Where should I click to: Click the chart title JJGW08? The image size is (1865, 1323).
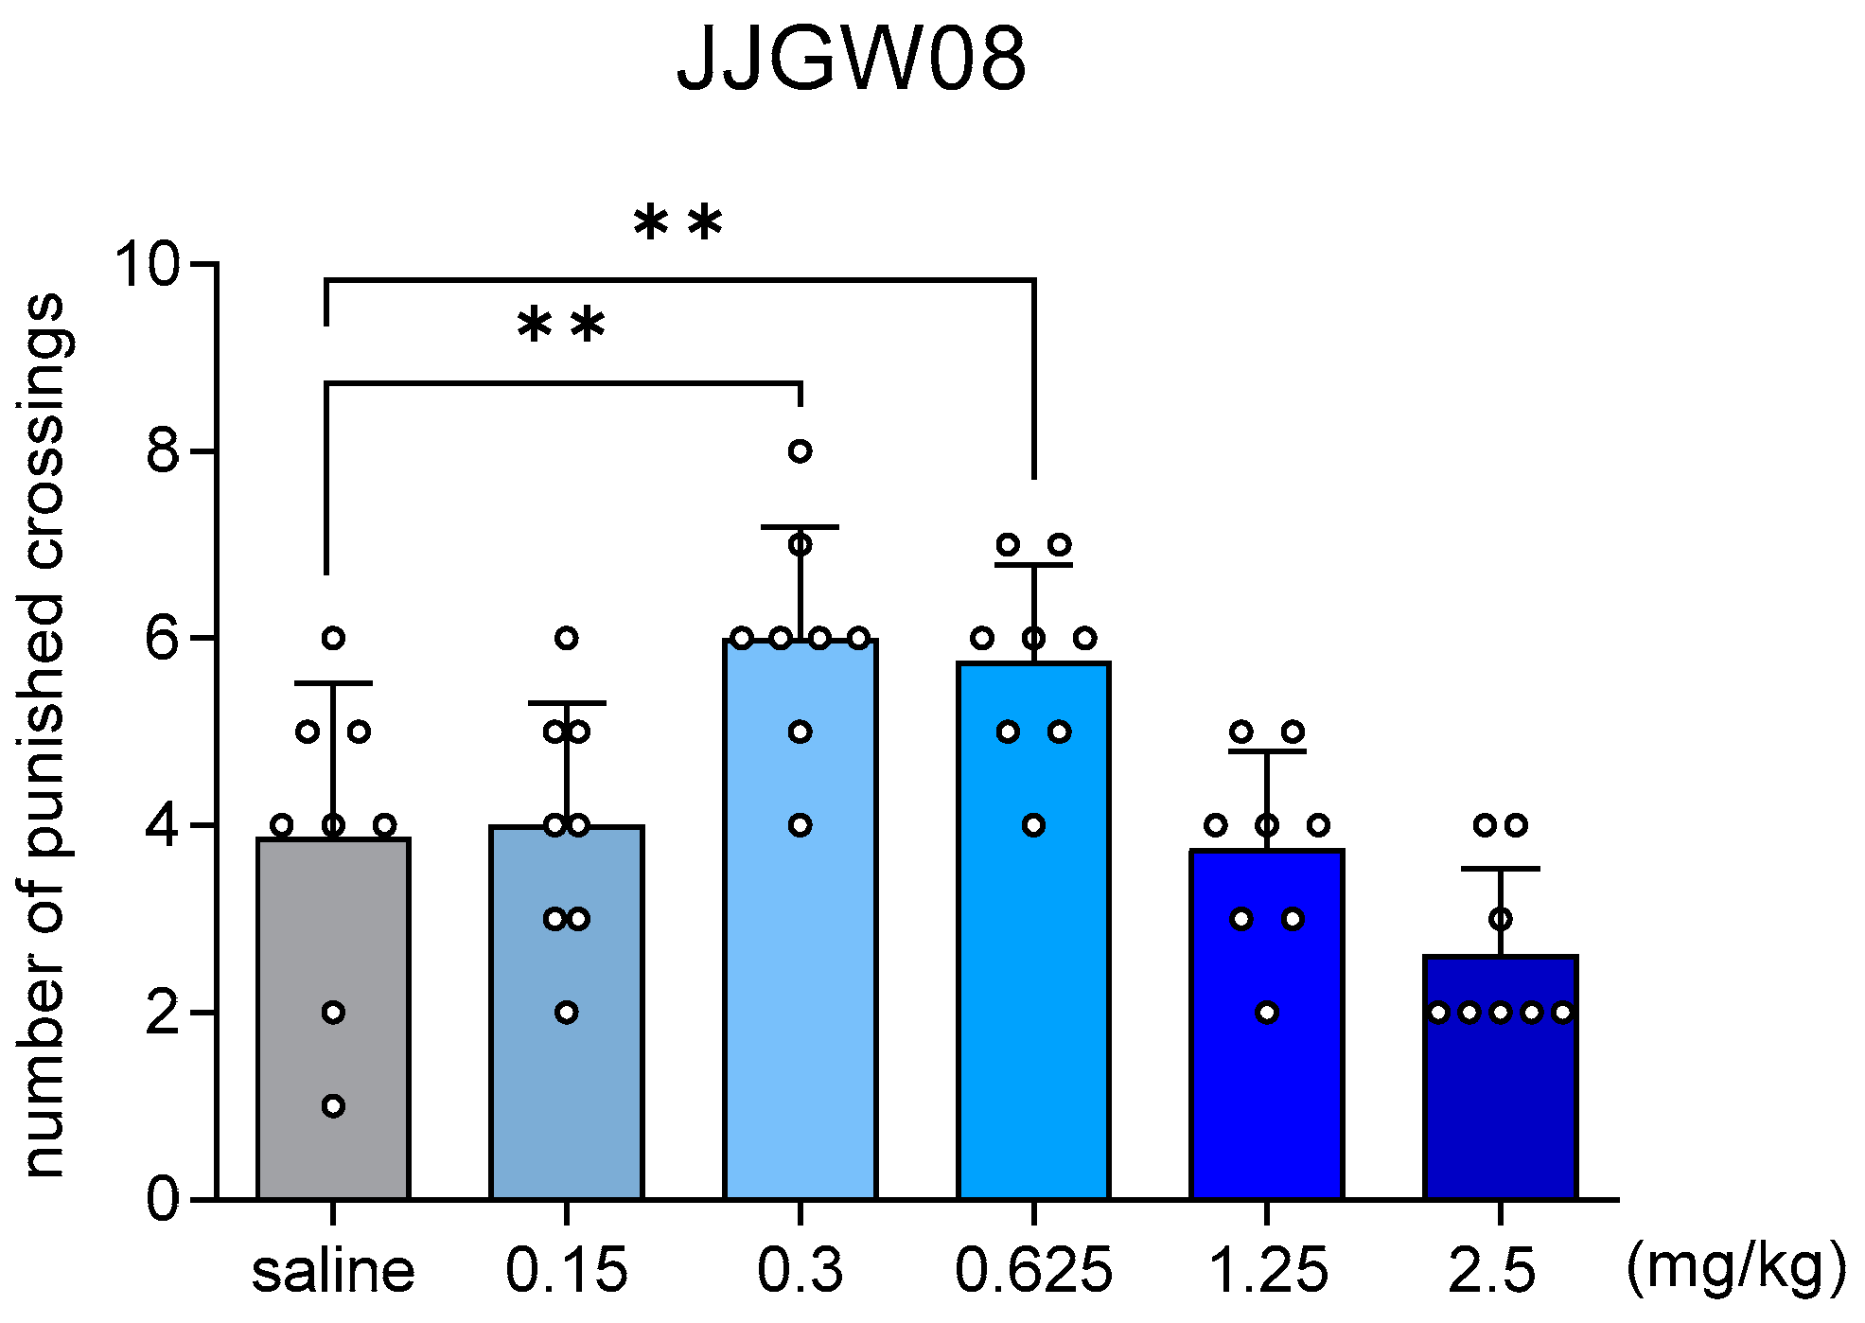click(x=851, y=61)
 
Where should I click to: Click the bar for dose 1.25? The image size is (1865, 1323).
click(x=1267, y=1088)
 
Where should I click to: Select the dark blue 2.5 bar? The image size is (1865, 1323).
click(x=1501, y=1107)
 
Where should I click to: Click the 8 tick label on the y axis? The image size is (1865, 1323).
click(x=163, y=451)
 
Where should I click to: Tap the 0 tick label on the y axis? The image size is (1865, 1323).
click(x=163, y=1199)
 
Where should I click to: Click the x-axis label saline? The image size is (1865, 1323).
click(x=333, y=1270)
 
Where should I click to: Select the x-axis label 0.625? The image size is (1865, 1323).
click(x=1033, y=1270)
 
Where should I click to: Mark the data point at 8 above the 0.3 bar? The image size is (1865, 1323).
click(x=801, y=451)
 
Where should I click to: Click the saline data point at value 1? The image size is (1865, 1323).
click(x=333, y=1106)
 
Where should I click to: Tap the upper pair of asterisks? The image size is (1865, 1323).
click(x=677, y=224)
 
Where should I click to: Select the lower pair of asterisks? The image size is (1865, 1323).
click(x=561, y=326)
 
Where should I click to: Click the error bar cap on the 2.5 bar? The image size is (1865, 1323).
click(x=1501, y=869)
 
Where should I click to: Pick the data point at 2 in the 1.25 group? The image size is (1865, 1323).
click(x=1267, y=1013)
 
